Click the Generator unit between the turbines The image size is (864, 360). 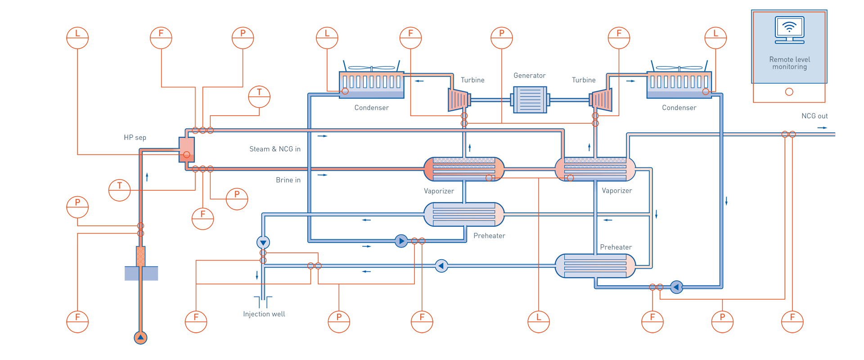click(x=530, y=100)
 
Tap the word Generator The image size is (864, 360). click(x=529, y=76)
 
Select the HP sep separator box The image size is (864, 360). click(x=186, y=149)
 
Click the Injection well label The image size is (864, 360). click(x=264, y=314)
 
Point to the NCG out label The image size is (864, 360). click(x=814, y=116)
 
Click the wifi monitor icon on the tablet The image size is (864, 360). click(x=789, y=29)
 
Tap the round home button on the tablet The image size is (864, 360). click(x=789, y=92)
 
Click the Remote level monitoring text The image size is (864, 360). click(x=789, y=63)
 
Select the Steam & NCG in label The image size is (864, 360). click(x=275, y=149)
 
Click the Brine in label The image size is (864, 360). click(x=288, y=180)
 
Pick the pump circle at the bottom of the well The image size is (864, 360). click(x=140, y=337)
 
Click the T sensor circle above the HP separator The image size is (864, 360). click(x=259, y=96)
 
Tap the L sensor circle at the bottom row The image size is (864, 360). click(x=539, y=321)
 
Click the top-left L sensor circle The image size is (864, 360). click(x=77, y=38)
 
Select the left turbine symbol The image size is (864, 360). click(x=459, y=99)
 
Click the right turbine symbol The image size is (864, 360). click(x=601, y=99)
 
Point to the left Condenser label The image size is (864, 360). click(x=371, y=108)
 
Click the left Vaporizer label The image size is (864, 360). click(x=439, y=191)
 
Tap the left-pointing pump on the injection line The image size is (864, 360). click(x=441, y=266)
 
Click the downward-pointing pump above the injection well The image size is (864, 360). click(x=263, y=243)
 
